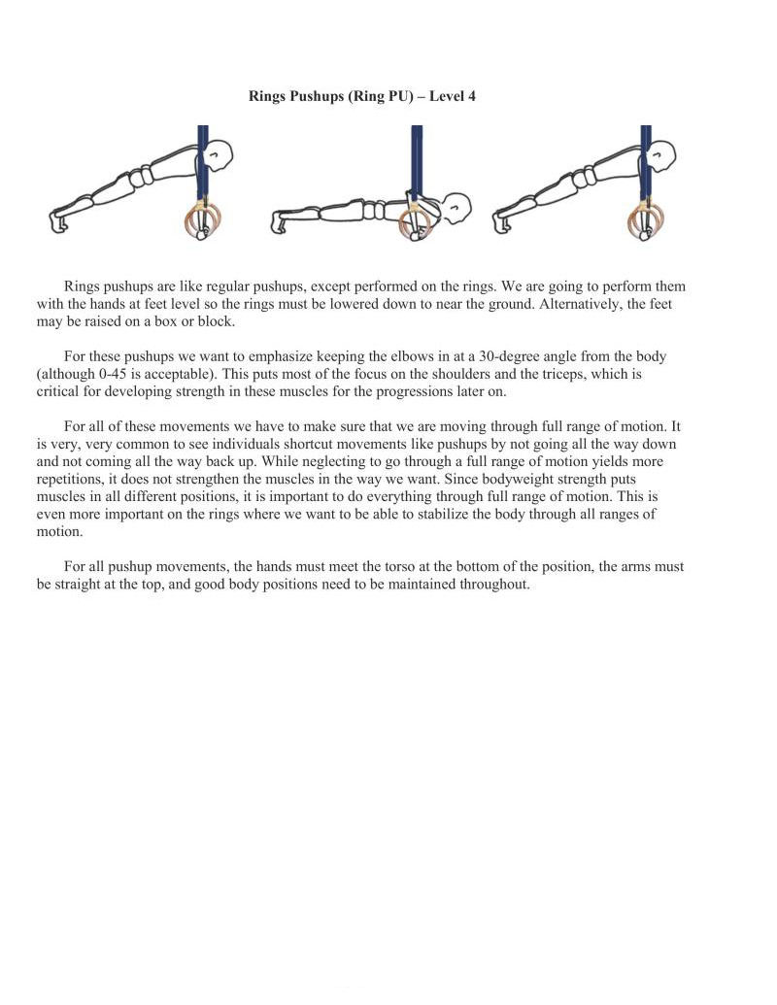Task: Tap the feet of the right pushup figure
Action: click(x=501, y=222)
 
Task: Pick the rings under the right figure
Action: click(x=645, y=220)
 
